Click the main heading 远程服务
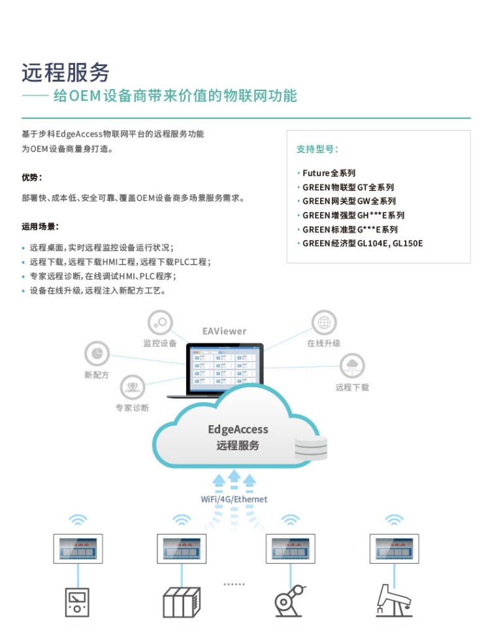tap(65, 72)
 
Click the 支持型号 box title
tap(317, 149)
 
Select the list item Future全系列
tap(329, 173)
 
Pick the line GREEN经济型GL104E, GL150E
tap(362, 243)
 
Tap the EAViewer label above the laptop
tap(224, 331)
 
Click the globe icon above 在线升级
tap(323, 323)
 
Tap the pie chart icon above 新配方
tap(97, 354)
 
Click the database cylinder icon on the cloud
tap(310, 449)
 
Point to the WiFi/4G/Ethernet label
tap(234, 499)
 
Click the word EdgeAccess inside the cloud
tap(238, 430)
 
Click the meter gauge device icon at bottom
tap(77, 602)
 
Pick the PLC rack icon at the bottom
tap(181, 602)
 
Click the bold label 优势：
tap(32, 177)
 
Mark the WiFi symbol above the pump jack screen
tap(393, 521)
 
